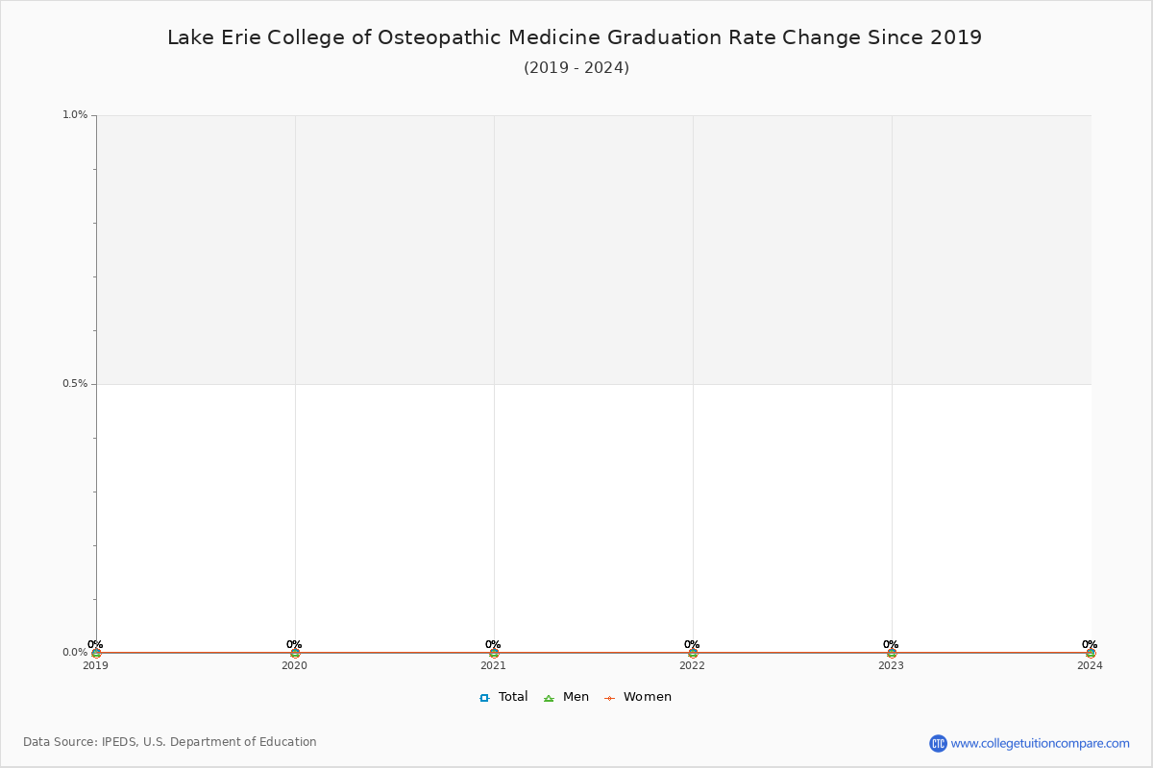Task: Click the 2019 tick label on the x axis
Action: (x=95, y=665)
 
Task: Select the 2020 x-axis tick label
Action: (x=294, y=665)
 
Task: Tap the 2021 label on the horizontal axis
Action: (x=493, y=665)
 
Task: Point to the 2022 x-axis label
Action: (x=692, y=665)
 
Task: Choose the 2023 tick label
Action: (x=891, y=665)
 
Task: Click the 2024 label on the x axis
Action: (x=1090, y=665)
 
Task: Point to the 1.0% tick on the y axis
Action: (x=75, y=115)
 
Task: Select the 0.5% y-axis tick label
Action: (x=75, y=384)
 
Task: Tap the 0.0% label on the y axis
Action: (x=75, y=653)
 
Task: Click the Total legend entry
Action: (x=504, y=697)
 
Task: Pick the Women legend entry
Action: (x=638, y=697)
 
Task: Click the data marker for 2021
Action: (x=494, y=653)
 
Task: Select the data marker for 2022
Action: (x=693, y=653)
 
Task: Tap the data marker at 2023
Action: (x=892, y=653)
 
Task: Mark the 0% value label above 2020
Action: (x=294, y=645)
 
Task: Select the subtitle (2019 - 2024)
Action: (x=576, y=68)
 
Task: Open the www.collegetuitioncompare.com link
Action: (x=1040, y=743)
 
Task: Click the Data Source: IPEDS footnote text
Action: (x=170, y=742)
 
